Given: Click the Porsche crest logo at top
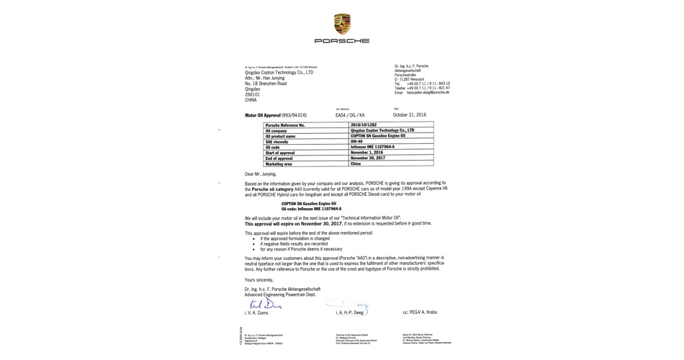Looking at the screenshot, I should coord(342,24).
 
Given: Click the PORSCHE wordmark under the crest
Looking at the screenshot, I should coord(342,41).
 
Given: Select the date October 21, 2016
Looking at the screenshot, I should coord(410,114).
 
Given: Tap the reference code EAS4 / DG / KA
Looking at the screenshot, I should coord(350,115).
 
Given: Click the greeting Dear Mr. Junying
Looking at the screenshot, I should coord(261,174).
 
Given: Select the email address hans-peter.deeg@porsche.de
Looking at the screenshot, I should coord(427,92).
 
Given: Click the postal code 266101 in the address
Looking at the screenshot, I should coord(252,94).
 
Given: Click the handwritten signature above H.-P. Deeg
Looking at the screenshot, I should coord(348,306).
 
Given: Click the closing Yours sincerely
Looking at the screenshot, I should coord(259,279).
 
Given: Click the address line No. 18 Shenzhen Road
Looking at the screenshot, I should coord(266,84).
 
